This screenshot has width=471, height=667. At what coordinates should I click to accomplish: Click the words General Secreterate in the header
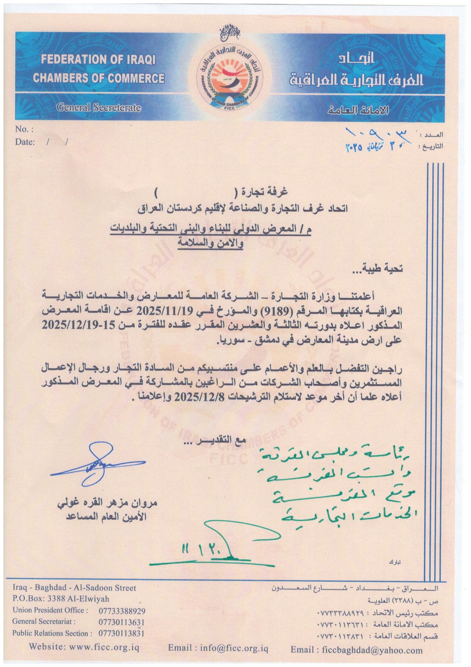pyautogui.click(x=98, y=108)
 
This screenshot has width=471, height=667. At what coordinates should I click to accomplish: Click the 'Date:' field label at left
pyautogui.click(x=25, y=142)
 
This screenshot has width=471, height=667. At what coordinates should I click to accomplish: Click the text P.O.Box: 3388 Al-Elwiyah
pyautogui.click(x=60, y=599)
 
